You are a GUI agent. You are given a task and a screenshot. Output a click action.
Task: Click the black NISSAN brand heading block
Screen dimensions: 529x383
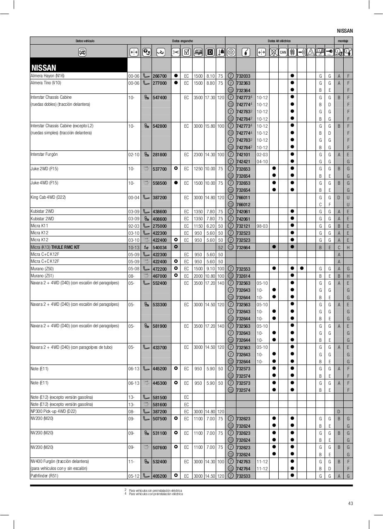(x=78, y=65)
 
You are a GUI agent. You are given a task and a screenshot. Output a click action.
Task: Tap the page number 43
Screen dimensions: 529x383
(x=350, y=503)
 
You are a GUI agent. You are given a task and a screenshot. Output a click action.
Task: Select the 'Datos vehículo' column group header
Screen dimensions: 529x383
(x=85, y=41)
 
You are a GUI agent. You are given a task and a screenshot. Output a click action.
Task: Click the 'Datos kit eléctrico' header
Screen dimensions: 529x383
(x=279, y=41)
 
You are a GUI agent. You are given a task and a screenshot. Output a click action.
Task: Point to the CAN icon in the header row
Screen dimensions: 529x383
(x=283, y=52)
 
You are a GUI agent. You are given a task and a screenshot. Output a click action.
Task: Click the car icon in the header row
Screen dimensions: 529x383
(x=82, y=52)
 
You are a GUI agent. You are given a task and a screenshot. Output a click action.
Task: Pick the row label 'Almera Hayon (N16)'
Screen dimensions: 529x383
(x=48, y=76)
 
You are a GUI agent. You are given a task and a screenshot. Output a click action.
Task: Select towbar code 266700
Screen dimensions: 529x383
(x=159, y=76)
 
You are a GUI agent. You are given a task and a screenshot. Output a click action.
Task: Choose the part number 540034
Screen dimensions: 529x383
(x=159, y=247)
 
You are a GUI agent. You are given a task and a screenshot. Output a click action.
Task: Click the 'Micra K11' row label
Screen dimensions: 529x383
(x=39, y=226)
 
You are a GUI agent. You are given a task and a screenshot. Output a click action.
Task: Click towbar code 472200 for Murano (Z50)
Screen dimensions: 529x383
(x=159, y=269)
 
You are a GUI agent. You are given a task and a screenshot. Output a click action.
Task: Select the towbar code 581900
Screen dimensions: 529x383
(x=159, y=326)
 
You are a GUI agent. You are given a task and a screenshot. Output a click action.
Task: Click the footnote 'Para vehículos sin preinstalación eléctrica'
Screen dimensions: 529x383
(x=155, y=491)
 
